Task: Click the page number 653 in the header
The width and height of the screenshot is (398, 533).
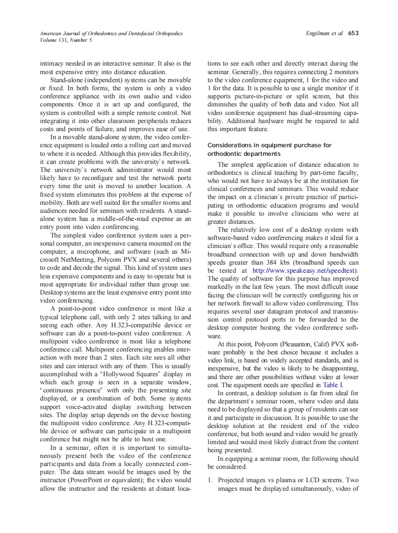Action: pyautogui.click(x=353, y=33)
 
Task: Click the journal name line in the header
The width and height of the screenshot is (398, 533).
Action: pyautogui.click(x=111, y=34)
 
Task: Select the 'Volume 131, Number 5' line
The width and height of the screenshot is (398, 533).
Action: pyautogui.click(x=66, y=40)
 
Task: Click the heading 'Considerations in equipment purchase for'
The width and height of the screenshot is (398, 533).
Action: pyautogui.click(x=269, y=145)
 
